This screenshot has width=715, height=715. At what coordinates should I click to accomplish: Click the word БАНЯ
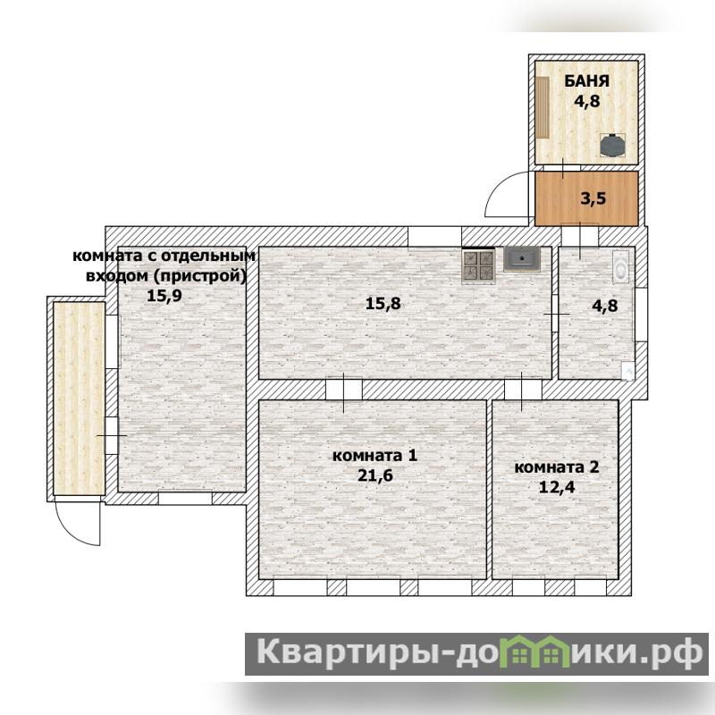[587, 81]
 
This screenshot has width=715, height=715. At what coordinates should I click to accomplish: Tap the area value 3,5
[593, 198]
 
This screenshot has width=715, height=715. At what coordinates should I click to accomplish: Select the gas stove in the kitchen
[479, 265]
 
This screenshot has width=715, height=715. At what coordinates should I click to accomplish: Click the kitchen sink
[522, 259]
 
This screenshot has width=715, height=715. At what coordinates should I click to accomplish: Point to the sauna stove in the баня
[612, 145]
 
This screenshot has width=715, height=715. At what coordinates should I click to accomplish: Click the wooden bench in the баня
[543, 107]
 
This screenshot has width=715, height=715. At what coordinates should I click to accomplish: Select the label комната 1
[374, 456]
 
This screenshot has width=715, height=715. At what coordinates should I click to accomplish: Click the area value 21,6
[374, 475]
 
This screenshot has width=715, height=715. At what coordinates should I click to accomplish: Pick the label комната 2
[557, 467]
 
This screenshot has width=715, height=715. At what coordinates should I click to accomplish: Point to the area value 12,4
[557, 487]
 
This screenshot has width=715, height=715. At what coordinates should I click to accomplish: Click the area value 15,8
[383, 303]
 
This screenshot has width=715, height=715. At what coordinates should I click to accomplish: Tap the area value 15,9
[164, 296]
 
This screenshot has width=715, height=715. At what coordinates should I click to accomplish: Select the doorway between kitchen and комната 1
[344, 390]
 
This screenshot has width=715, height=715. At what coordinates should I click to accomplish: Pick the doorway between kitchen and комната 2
[523, 390]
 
